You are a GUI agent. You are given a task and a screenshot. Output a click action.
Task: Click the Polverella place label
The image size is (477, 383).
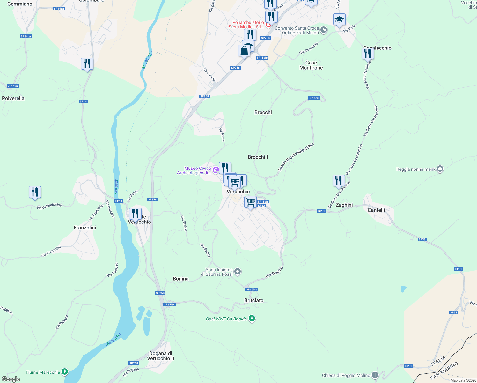(x=13, y=98)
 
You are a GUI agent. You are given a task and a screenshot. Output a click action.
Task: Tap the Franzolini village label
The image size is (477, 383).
(x=85, y=228)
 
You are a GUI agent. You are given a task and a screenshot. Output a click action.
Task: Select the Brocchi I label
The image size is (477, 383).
(x=258, y=157)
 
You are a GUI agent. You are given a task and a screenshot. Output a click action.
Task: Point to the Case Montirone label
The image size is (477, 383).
(x=311, y=65)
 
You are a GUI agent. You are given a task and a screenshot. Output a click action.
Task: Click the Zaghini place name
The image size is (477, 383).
(x=344, y=205)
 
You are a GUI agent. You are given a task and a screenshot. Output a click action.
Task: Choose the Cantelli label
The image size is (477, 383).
(x=376, y=210)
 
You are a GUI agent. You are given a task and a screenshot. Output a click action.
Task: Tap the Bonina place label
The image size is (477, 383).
(x=180, y=279)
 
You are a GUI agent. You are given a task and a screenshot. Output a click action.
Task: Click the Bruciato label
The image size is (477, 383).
(x=254, y=300)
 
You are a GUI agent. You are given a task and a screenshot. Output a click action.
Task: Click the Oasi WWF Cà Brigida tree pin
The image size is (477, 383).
(x=252, y=319)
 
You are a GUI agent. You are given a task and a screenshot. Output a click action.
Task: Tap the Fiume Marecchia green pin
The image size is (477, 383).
(x=65, y=372)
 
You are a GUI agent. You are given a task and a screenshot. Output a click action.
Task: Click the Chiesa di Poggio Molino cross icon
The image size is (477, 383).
(x=375, y=375)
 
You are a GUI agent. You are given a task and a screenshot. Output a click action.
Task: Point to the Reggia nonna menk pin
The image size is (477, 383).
(x=440, y=169)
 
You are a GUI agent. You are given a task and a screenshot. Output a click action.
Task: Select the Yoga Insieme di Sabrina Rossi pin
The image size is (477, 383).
(x=238, y=272)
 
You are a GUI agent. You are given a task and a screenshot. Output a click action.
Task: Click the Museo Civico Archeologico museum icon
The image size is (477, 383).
(x=216, y=170)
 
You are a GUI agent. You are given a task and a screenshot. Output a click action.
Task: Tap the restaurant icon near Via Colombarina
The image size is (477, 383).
(x=35, y=192)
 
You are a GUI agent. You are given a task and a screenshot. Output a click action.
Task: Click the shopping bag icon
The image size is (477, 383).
(x=244, y=51)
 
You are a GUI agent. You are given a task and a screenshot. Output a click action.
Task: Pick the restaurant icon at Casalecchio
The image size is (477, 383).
(x=368, y=53)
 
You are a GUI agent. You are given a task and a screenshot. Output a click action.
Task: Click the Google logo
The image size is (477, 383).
(x=11, y=379)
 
